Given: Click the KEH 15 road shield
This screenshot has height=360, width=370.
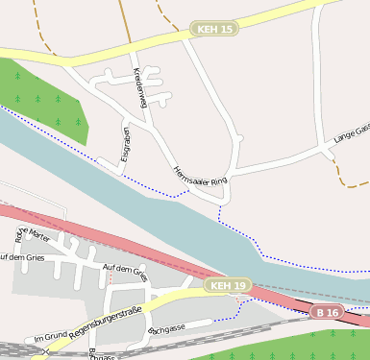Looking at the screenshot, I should click(214, 30).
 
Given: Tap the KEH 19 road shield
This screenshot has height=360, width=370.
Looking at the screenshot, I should click(228, 286).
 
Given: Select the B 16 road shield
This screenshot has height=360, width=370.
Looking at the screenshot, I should click(327, 313).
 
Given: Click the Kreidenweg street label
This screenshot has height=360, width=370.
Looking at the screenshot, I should click(140, 88).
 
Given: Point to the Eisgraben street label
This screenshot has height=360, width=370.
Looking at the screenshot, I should click(125, 144).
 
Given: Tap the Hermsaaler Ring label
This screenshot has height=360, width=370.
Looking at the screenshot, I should click(199, 175).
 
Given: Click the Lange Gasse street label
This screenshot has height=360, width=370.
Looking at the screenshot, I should click(351, 134).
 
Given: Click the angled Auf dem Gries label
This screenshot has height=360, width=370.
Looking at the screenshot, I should click(125, 273).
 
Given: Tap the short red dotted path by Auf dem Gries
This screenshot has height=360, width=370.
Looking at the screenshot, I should click(111, 279).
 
